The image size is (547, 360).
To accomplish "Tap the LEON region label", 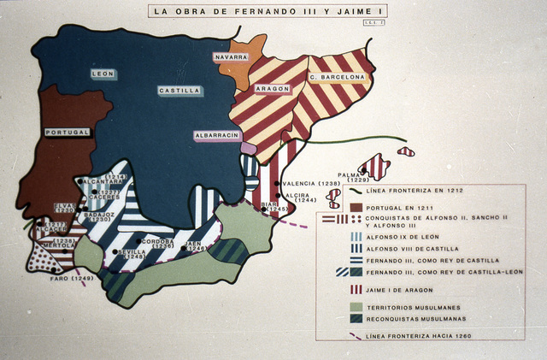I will point(103,74).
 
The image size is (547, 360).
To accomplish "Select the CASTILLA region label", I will point(179,90).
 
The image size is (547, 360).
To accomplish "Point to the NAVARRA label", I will point(231,56).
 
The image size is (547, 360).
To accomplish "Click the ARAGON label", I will point(273,88).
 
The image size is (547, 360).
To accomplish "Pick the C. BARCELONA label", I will point(337,77).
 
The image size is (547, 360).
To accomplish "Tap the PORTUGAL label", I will point(68,133).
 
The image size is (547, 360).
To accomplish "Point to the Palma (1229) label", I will point(353,176).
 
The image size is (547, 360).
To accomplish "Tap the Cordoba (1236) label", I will point(157,244).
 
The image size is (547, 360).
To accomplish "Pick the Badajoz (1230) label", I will point(101,216).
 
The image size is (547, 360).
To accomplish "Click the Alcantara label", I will point(103,181).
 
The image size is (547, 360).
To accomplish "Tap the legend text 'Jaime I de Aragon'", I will point(400,290).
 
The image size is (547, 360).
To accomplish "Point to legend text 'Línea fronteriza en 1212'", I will point(414,192).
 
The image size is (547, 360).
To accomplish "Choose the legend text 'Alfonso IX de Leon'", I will point(403,235).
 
